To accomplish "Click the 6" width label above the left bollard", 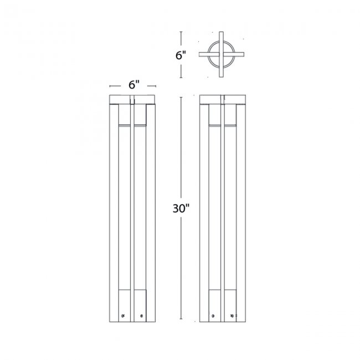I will [x=133, y=85].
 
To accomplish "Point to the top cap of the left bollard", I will [x=133, y=100].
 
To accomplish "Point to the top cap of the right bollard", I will [x=222, y=100].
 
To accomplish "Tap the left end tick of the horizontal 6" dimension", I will [x=110, y=86].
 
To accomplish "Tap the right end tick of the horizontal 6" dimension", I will [x=156, y=86].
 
